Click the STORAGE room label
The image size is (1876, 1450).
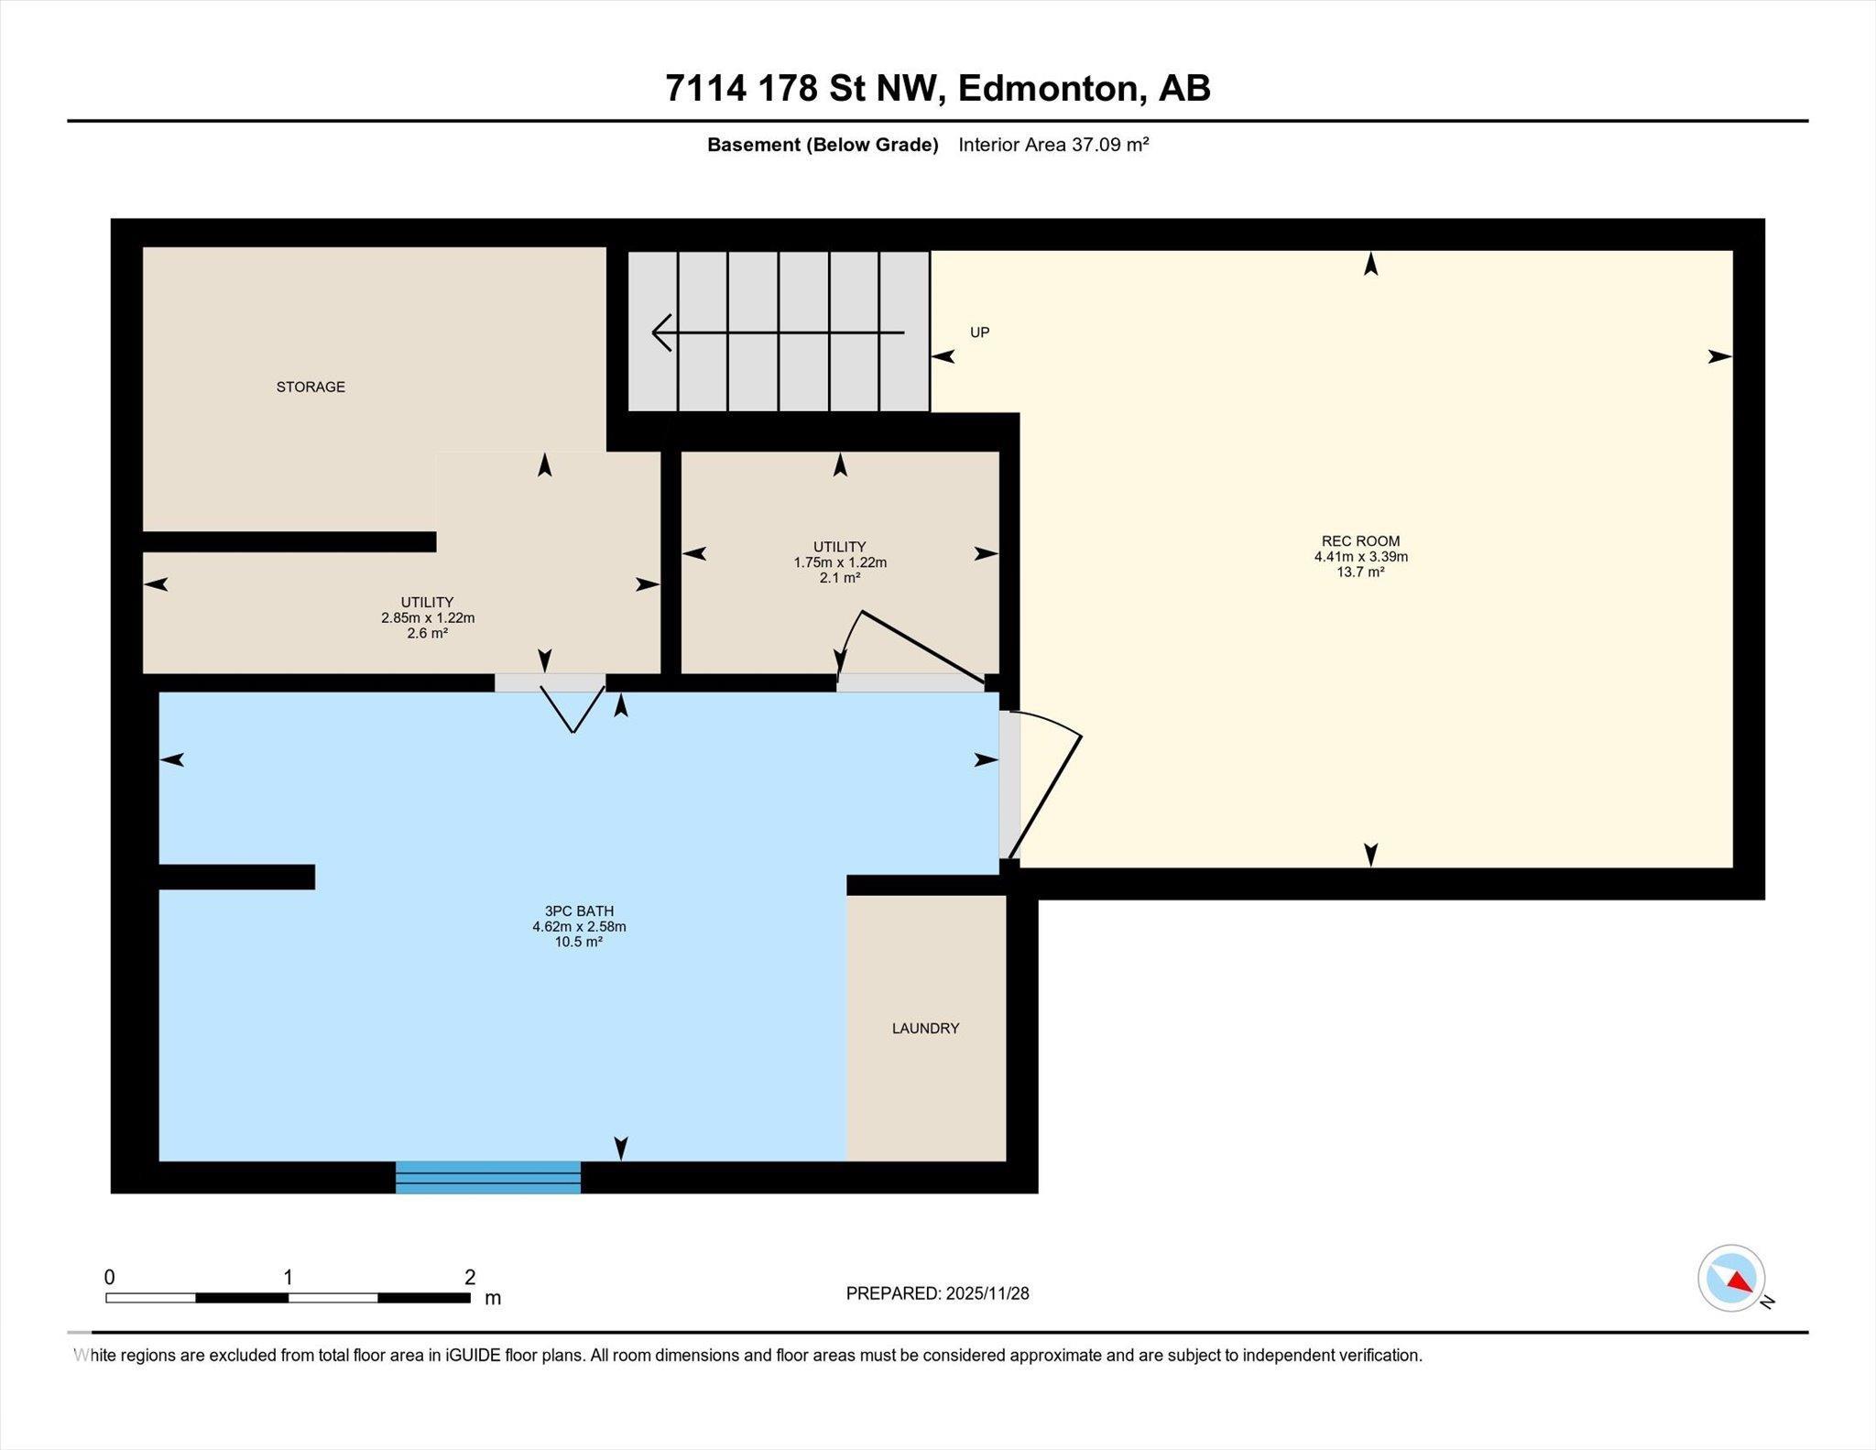click(x=311, y=387)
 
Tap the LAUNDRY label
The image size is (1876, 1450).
click(x=925, y=1028)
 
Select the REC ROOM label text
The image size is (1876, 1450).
click(x=1360, y=540)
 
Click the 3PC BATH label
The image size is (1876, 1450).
click(x=579, y=910)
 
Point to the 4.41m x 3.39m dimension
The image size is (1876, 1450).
click(x=1360, y=556)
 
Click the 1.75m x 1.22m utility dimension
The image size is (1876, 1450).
click(x=839, y=562)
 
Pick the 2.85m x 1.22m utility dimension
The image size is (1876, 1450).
click(x=427, y=617)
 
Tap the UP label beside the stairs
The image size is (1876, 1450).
click(x=979, y=333)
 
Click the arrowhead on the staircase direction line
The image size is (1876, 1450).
click(x=661, y=333)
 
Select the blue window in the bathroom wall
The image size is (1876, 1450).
click(x=488, y=1177)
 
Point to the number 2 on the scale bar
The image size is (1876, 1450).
click(x=470, y=1277)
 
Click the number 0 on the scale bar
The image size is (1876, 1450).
click(x=110, y=1277)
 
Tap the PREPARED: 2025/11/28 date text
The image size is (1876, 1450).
click(x=937, y=1293)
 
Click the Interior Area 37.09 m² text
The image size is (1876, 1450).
click(x=1053, y=145)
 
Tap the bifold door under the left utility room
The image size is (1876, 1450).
click(x=573, y=707)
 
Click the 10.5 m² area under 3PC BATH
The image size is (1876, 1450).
click(x=579, y=942)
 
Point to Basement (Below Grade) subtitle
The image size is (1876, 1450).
click(x=823, y=145)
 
